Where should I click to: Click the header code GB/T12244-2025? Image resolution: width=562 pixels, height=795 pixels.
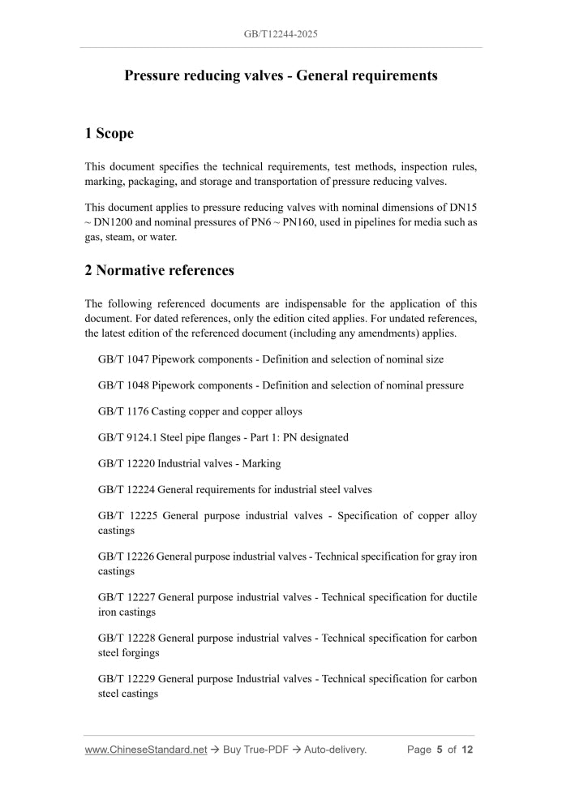pos(281,35)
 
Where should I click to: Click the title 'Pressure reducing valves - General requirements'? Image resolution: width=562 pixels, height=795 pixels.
pos(281,75)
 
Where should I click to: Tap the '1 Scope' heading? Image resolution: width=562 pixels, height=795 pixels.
pos(109,133)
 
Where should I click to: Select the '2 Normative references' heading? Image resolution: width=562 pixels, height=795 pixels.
pos(160,271)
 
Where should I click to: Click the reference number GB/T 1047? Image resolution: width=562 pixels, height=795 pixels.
pos(123,359)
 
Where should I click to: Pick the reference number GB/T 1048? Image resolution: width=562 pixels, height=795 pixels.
pos(123,385)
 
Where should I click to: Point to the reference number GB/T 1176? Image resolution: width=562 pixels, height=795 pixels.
pos(123,411)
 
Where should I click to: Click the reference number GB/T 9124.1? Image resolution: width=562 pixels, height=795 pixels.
pos(128,437)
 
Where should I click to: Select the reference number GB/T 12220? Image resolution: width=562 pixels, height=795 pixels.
pos(127,463)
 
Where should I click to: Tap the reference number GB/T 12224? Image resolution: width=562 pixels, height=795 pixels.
pos(127,489)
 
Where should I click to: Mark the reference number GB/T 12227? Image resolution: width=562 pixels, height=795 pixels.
pos(127,597)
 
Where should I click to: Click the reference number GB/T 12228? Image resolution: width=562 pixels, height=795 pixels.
pos(127,638)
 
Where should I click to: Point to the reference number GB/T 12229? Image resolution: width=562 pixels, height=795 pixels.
pos(127,678)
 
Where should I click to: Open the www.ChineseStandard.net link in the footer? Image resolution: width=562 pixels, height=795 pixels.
pos(146,750)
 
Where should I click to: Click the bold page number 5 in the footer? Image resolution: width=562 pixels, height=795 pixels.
pos(439,750)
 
